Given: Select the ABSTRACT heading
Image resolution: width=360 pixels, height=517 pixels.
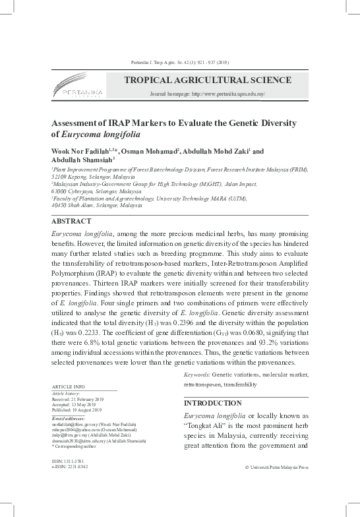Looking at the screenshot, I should click(71, 222).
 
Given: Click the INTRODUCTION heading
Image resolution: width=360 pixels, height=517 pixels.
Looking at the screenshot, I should click(213, 403).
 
